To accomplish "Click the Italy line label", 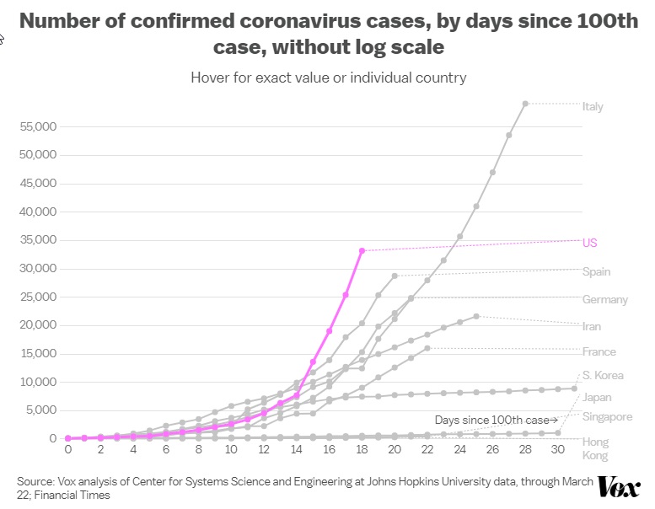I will pyautogui.click(x=593, y=107).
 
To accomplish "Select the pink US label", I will pyautogui.click(x=590, y=243).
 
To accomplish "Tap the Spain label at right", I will pyautogui.click(x=596, y=271).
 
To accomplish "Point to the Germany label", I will pyautogui.click(x=604, y=299).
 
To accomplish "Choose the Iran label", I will pyautogui.click(x=591, y=326).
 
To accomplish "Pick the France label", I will pyautogui.click(x=599, y=351).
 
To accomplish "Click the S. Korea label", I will pyautogui.click(x=603, y=375).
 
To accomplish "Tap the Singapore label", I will pyautogui.click(x=607, y=416).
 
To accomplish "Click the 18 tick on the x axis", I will pyautogui.click(x=362, y=451).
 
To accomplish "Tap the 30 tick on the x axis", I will pyautogui.click(x=557, y=451).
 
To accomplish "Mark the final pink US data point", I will pyautogui.click(x=362, y=250).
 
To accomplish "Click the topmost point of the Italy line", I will pyautogui.click(x=525, y=104).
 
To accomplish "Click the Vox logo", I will pyautogui.click(x=619, y=487).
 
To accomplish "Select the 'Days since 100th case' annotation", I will pyautogui.click(x=496, y=419).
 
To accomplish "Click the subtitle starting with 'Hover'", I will pyautogui.click(x=328, y=78).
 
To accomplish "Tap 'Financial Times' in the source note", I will pyautogui.click(x=63, y=495).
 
